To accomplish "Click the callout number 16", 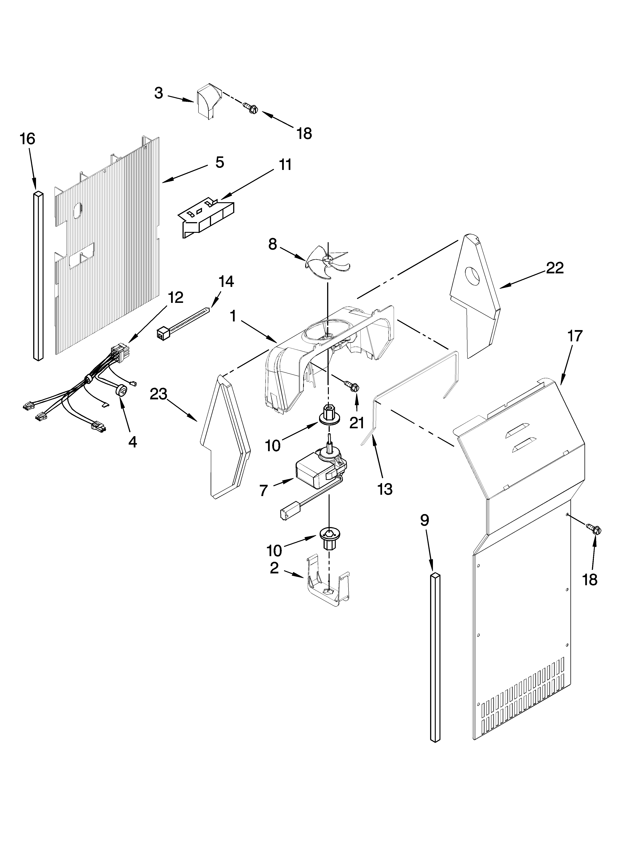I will [x=28, y=139].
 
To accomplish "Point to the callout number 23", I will [x=158, y=394].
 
